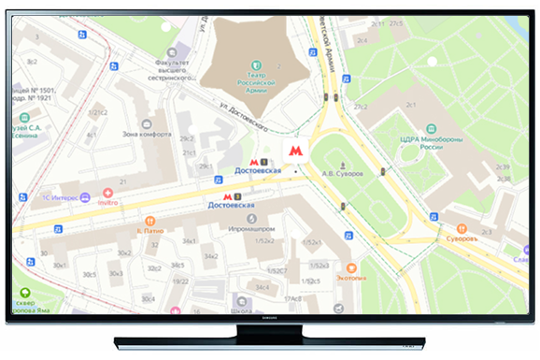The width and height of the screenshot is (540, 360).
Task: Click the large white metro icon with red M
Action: (x=295, y=150)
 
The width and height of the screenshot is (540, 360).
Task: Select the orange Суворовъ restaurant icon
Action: (x=461, y=228)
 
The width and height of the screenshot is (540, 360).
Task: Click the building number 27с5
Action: (x=394, y=23)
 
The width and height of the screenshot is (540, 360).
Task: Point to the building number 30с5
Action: (x=90, y=274)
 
